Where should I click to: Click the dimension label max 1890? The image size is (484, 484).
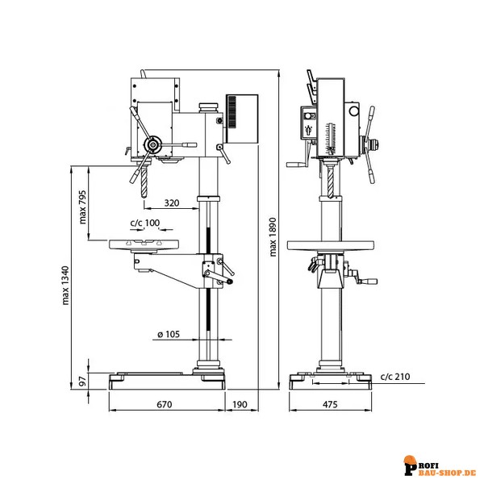coord(273,237)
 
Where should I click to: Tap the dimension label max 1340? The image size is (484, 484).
coord(66,286)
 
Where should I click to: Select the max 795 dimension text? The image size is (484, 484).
coord(82,207)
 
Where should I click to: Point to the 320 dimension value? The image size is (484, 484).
coord(172,202)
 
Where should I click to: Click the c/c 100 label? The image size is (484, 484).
coord(145,223)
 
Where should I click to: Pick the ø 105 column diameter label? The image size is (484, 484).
coord(169,334)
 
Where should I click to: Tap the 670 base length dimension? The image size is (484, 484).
coord(165,404)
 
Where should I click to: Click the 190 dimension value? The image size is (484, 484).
coord(240,404)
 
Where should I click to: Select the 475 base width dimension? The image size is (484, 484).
coord(330,404)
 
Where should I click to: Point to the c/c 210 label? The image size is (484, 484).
coord(395,377)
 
